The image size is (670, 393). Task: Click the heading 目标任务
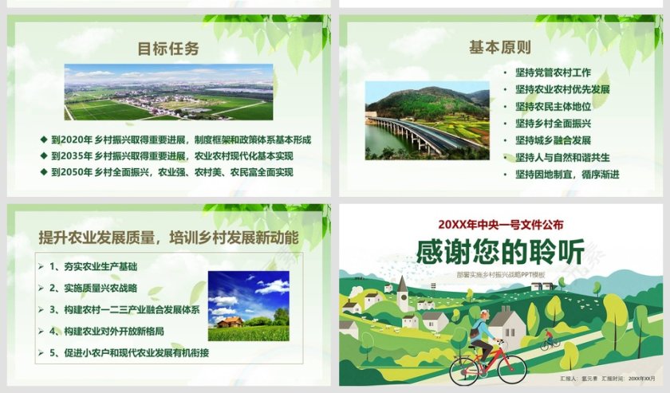[x=168, y=49]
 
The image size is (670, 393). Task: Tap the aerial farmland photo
[x=168, y=92]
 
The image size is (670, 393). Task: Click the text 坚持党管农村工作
[x=553, y=72]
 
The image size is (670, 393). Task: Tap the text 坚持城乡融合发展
[x=553, y=140]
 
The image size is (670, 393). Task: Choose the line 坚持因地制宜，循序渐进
[x=567, y=174]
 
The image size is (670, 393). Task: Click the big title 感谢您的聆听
[x=500, y=252]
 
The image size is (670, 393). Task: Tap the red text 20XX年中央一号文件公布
[x=500, y=224]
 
